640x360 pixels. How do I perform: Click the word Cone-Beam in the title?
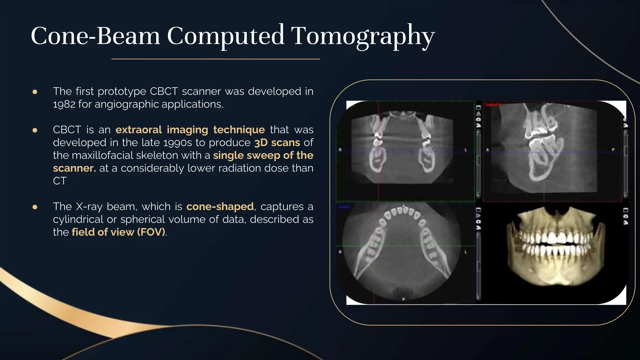[x=95, y=36]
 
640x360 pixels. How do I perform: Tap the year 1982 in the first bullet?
[x=64, y=104]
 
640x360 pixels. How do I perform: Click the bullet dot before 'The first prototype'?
[x=35, y=92]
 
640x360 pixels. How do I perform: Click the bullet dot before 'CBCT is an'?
[x=35, y=130]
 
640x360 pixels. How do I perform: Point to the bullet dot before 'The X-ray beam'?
[x=35, y=207]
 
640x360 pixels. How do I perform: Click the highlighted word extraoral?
[x=138, y=130]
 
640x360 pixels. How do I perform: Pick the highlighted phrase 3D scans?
[x=277, y=142]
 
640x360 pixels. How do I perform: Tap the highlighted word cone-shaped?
[x=220, y=207]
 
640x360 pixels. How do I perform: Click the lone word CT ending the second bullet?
[x=59, y=181]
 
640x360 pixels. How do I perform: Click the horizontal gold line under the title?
[x=216, y=59]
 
